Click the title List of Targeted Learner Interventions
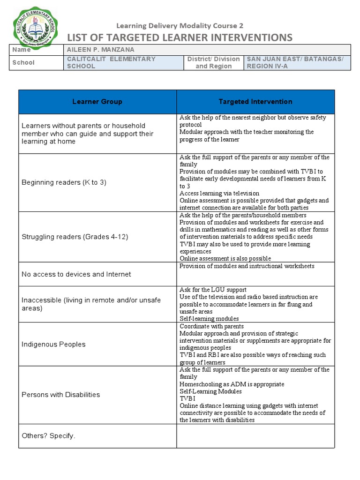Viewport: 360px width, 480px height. point(180,37)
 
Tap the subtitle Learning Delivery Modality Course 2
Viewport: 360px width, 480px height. point(180,26)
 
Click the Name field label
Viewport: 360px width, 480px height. point(22,50)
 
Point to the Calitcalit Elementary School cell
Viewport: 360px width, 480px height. point(111,62)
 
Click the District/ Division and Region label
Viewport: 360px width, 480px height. point(213,62)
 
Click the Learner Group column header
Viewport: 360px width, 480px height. point(97,102)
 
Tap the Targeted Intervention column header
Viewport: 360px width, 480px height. point(255,102)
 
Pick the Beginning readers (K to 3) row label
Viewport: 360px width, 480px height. point(64,182)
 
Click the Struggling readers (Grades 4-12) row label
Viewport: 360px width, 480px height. point(75,237)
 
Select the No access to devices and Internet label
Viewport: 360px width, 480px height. point(76,274)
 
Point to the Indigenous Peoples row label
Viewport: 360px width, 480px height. point(53,344)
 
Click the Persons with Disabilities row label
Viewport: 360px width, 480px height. point(61,395)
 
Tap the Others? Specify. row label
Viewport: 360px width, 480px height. point(48,436)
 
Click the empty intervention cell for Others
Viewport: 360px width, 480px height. point(255,436)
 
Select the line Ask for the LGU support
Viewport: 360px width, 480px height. point(213,290)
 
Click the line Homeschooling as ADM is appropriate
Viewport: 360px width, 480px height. point(232,384)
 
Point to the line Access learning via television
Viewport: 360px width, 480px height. point(219,193)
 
